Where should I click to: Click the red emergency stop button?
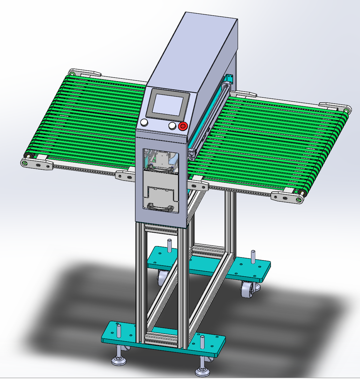coord(183,126)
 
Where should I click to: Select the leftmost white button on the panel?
coord(144,123)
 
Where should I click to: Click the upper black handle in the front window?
coord(159,168)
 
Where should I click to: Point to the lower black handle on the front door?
coord(160,207)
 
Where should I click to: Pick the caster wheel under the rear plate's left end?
coord(162,278)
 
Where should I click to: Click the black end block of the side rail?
coord(191,154)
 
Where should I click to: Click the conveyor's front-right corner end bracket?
coord(287,197)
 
